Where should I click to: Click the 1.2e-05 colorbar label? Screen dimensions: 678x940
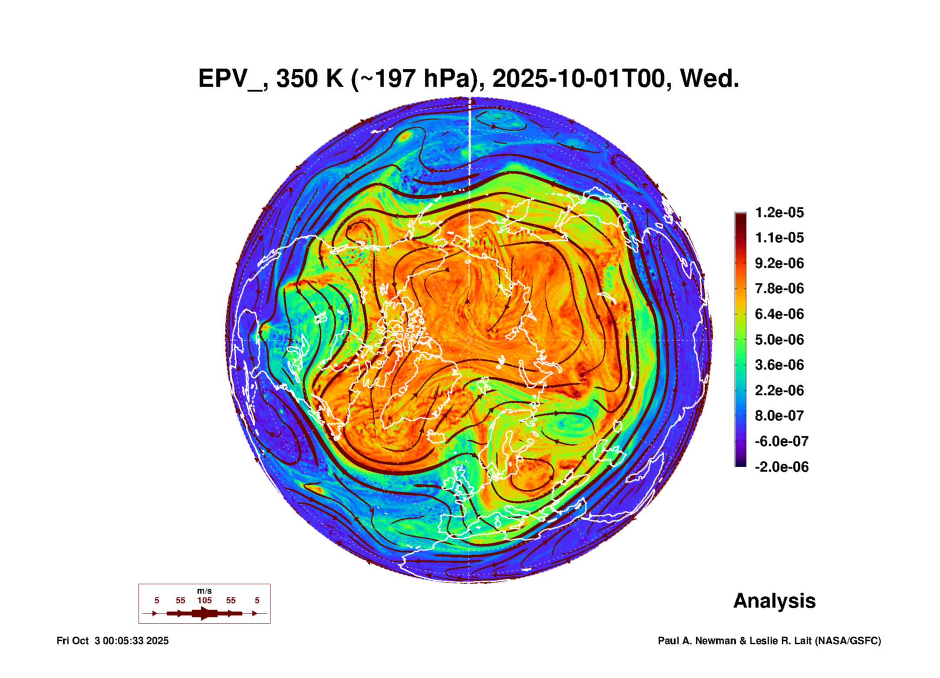pyautogui.click(x=779, y=212)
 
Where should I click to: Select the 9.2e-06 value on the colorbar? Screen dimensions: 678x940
pyautogui.click(x=779, y=263)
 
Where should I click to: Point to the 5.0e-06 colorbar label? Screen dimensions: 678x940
pyautogui.click(x=779, y=340)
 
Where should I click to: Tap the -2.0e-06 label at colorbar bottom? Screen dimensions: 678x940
pyautogui.click(x=781, y=467)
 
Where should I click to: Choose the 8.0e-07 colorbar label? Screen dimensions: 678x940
pyautogui.click(x=779, y=416)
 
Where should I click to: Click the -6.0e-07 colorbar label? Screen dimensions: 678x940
pyautogui.click(x=781, y=441)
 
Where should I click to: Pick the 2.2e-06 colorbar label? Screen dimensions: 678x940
pyautogui.click(x=779, y=390)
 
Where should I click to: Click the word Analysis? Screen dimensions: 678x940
pyautogui.click(x=774, y=601)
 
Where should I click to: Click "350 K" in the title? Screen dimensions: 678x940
pyautogui.click(x=309, y=79)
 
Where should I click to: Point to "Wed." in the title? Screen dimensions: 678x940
pyautogui.click(x=709, y=79)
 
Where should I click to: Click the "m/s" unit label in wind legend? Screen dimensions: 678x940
pyautogui.click(x=204, y=591)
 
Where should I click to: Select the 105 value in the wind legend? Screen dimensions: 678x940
pyautogui.click(x=204, y=600)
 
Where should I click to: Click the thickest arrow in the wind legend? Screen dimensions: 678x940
pyautogui.click(x=204, y=613)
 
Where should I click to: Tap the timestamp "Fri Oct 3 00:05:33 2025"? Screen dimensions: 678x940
pyautogui.click(x=112, y=641)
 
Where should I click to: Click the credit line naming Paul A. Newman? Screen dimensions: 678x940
pyautogui.click(x=769, y=641)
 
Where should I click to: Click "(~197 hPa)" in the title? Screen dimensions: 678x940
pyautogui.click(x=417, y=79)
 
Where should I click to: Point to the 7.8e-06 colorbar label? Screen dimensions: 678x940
pyautogui.click(x=779, y=288)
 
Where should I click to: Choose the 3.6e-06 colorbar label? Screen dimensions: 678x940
pyautogui.click(x=779, y=365)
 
